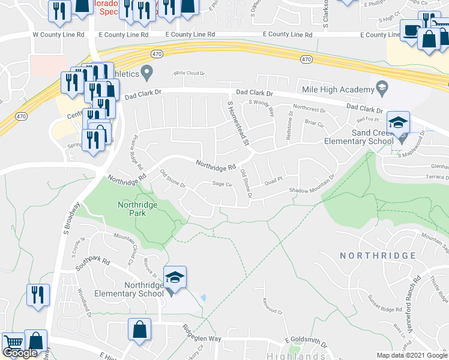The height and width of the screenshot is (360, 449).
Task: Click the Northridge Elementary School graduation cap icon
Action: click(175, 277)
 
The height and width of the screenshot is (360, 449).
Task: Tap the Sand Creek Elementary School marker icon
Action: click(397, 122)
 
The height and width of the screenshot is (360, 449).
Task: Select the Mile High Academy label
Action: click(339, 90)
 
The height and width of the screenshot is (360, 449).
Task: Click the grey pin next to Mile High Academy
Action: click(381, 89)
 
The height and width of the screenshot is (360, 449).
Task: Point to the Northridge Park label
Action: click(137, 209)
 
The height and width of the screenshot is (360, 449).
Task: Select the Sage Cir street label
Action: click(222, 184)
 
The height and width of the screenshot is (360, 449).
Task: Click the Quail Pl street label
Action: click(273, 178)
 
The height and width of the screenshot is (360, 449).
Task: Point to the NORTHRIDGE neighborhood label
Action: click(378, 256)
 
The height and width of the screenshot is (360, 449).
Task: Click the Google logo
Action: click(20, 353)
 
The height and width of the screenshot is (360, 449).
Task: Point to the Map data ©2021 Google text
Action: click(412, 355)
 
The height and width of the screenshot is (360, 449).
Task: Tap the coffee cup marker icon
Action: click(412, 30)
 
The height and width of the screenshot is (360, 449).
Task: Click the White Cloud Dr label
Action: click(189, 73)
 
